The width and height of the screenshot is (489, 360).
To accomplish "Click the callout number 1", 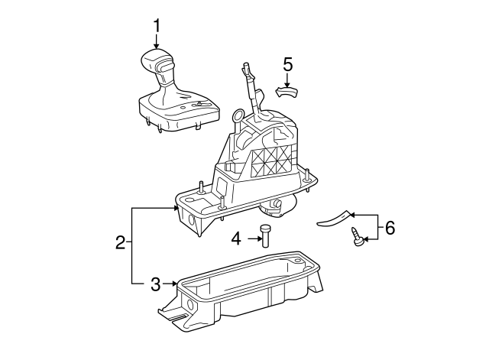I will tap(157, 27).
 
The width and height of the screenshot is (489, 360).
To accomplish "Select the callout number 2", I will tap(120, 244).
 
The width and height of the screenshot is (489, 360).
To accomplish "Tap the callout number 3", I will tap(155, 284).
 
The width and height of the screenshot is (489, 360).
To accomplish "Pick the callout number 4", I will tap(237, 239).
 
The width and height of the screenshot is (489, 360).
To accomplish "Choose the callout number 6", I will tap(390, 227).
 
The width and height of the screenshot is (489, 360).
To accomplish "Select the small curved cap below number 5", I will tap(287, 92).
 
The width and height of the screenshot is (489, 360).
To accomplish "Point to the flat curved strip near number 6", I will tap(335, 219).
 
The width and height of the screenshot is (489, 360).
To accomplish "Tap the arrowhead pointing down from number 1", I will tap(157, 47).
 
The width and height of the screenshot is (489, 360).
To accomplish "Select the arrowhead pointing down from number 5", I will tap(287, 83).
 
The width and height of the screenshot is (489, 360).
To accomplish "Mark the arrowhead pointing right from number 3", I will tap(174, 284).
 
